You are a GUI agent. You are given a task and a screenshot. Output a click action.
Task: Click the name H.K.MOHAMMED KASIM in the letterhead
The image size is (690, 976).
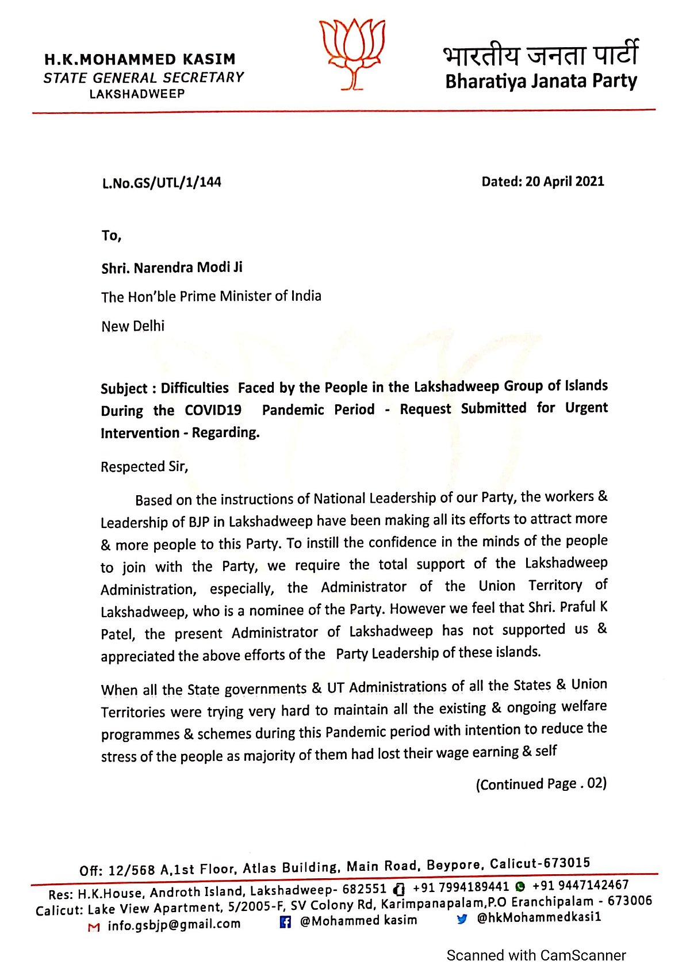[140, 59]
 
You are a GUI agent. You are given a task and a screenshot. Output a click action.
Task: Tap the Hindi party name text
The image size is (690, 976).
[540, 55]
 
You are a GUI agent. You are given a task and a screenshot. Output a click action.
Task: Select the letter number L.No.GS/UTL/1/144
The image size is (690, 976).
[162, 183]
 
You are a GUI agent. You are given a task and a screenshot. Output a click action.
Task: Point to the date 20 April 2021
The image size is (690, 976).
[564, 181]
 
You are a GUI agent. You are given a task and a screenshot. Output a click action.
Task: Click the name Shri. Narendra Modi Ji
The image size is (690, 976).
[172, 267]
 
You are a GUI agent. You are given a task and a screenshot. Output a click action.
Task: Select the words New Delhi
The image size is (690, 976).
[133, 326]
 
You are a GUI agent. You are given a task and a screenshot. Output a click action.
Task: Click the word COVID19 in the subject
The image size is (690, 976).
[213, 410]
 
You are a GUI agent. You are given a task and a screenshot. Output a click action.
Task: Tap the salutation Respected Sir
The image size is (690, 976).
[144, 466]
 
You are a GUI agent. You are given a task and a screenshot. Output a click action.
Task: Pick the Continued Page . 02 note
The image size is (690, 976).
[541, 784]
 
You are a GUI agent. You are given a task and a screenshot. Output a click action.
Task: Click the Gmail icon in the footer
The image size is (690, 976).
[94, 927]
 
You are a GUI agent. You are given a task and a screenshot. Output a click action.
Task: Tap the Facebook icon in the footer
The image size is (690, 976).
[285, 922]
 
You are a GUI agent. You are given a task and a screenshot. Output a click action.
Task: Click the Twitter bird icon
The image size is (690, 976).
[462, 919]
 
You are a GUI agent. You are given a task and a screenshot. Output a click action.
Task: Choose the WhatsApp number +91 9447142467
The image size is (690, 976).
[580, 885]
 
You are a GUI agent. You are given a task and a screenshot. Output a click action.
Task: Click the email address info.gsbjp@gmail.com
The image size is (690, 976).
[174, 925]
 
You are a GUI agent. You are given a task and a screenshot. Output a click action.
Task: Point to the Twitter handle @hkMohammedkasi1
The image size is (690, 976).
[538, 917]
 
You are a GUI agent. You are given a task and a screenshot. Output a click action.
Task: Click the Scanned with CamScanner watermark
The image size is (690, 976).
[536, 955]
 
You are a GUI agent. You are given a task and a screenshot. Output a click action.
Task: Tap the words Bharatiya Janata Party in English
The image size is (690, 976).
[540, 81]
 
